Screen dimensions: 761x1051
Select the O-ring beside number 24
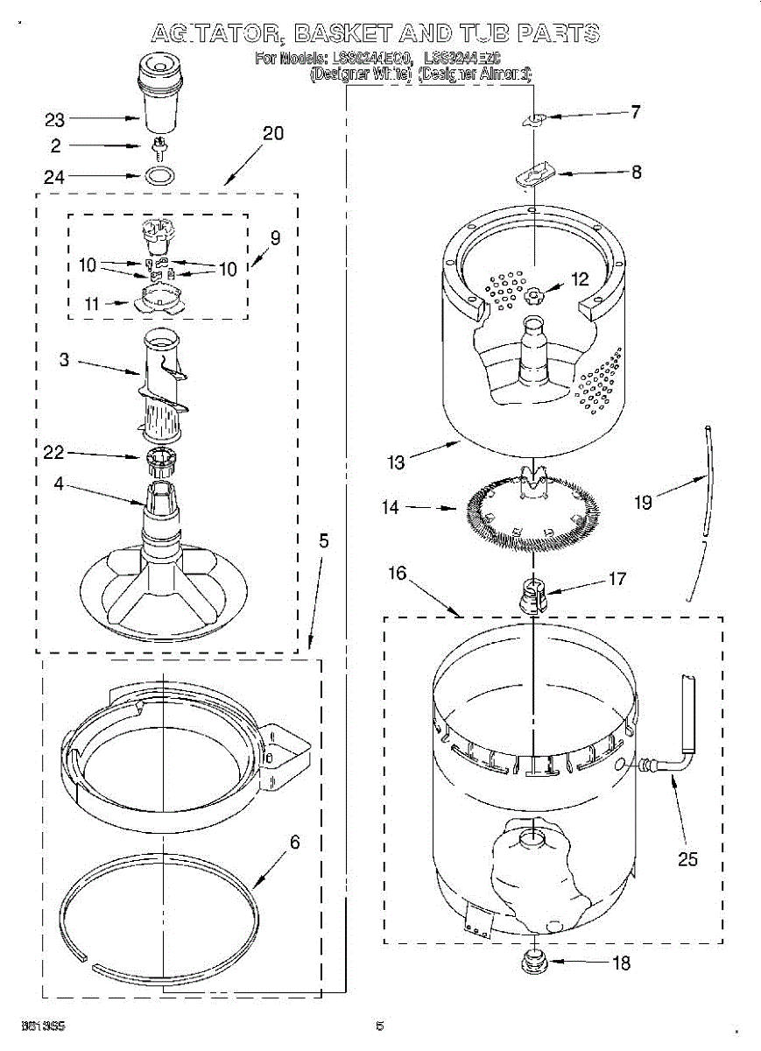click(158, 176)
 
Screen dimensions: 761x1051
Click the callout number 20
click(273, 133)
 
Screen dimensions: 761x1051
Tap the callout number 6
click(295, 843)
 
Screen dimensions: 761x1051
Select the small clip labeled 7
click(537, 120)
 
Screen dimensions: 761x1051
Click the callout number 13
click(397, 462)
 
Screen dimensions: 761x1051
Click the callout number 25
click(688, 858)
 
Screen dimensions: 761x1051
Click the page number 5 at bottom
click(379, 1026)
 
